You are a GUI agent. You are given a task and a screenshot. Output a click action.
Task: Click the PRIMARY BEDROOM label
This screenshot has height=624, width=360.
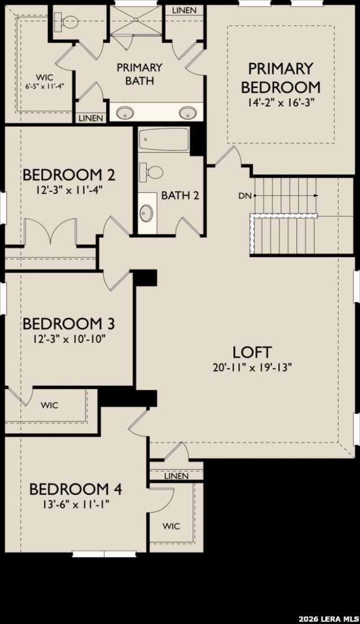[x=281, y=78]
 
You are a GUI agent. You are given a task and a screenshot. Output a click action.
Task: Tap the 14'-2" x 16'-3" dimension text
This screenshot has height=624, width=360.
[x=281, y=102]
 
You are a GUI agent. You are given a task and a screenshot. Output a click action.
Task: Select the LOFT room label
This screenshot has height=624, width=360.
[x=252, y=352]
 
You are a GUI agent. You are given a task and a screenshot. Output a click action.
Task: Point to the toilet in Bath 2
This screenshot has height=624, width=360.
[x=151, y=172]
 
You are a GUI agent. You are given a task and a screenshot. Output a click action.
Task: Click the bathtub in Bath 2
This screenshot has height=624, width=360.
[x=164, y=140]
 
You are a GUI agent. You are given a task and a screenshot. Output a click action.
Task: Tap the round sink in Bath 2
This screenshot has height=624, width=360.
[x=146, y=213]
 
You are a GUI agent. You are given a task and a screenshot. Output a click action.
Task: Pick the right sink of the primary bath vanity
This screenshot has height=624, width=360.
[x=187, y=112]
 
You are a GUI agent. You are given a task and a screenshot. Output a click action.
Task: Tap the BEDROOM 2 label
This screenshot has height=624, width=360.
[x=69, y=174]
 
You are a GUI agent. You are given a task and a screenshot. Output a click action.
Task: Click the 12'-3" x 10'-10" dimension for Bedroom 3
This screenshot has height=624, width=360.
[x=69, y=339]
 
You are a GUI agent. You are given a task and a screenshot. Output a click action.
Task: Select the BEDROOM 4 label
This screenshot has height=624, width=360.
[x=75, y=489]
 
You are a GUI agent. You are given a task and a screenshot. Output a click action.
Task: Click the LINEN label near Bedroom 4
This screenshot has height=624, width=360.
[x=176, y=476]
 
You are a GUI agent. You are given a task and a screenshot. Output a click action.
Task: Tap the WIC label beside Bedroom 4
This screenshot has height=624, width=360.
[x=171, y=526]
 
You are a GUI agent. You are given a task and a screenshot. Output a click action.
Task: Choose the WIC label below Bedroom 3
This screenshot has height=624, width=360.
[x=49, y=406]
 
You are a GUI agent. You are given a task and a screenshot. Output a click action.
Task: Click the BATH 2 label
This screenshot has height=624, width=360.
[x=180, y=195]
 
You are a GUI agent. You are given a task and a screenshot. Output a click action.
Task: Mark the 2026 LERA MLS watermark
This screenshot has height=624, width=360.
[x=328, y=619]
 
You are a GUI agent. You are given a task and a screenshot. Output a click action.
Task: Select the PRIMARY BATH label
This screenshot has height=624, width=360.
[x=139, y=74]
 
